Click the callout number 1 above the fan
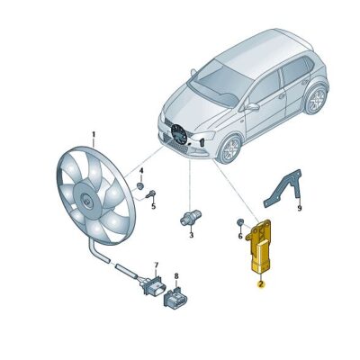tap(94, 133)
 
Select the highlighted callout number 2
tap(261, 283)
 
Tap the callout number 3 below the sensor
tap(192, 235)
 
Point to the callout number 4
tap(141, 171)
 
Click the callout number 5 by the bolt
tap(154, 206)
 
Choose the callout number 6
tap(240, 236)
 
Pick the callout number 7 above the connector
tap(156, 265)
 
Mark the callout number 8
tap(176, 275)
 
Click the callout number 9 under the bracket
tap(299, 208)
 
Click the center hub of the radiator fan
tap(86, 201)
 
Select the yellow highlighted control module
tap(259, 246)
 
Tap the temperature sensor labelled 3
tap(191, 218)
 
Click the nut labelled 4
tap(139, 186)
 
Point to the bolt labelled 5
tap(150, 194)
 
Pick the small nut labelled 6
tap(240, 223)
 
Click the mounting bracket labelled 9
tap(283, 187)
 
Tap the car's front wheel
tap(230, 148)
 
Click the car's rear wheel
tap(316, 99)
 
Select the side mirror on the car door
tap(251, 107)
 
